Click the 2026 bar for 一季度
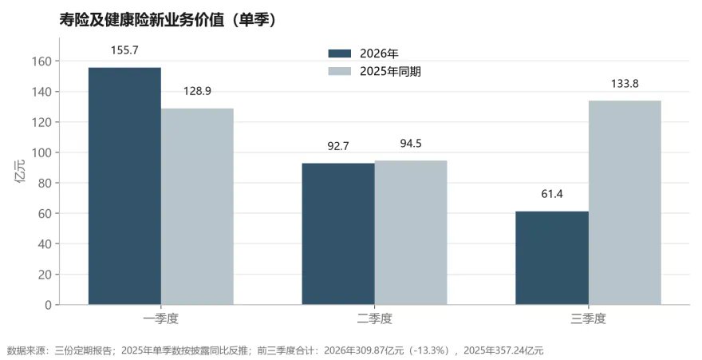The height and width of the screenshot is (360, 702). coord(124,186)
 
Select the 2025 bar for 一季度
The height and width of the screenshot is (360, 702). coord(197,207)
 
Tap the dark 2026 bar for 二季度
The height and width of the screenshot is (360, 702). coord(338,234)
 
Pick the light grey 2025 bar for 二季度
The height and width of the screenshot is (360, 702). coord(411,232)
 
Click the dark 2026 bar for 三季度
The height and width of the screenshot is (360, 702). coord(552,258)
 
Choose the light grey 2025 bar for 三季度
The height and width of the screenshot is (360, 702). coord(625,203)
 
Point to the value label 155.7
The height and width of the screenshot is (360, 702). coord(124,50)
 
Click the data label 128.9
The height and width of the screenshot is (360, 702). coord(197,91)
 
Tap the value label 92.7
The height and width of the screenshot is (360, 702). coord(338,146)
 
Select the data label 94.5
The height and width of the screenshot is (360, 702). coord(411,144)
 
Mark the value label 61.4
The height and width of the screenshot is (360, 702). coord(552,194)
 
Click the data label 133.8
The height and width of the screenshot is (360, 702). coord(625,84)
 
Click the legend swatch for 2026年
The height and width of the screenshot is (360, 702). coord(340,53)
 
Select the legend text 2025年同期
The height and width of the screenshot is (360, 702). coord(390,72)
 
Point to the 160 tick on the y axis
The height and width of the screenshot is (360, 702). coord(42,61)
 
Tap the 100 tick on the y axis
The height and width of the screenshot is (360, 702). coord(42,152)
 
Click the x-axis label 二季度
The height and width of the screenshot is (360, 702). coord(375,318)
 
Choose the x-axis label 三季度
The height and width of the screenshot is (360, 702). coord(588,318)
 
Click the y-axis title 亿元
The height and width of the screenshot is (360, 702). coord(21,171)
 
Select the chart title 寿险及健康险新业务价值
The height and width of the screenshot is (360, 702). coord(142,20)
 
